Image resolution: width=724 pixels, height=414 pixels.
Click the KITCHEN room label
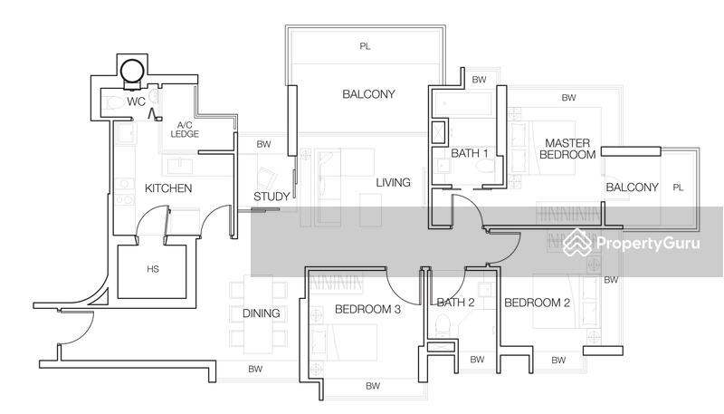(x=168, y=188)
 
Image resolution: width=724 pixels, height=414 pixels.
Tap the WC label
(x=137, y=101)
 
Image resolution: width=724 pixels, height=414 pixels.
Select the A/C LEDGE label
(x=185, y=130)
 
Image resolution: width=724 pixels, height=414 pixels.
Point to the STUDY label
(x=271, y=197)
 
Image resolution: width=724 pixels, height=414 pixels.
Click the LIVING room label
(x=393, y=182)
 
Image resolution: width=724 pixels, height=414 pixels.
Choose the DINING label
(x=262, y=313)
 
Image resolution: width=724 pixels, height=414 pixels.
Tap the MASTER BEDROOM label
(x=567, y=149)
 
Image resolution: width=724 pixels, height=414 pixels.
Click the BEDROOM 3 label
(x=367, y=309)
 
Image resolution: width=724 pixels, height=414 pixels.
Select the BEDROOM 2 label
(x=537, y=303)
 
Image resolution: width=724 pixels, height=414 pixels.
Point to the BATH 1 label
(x=469, y=153)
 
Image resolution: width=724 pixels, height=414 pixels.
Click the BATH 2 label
(x=455, y=303)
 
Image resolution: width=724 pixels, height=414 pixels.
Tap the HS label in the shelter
(x=153, y=269)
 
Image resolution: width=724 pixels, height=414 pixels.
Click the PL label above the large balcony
(x=365, y=46)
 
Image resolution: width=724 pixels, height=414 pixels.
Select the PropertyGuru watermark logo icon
(x=577, y=242)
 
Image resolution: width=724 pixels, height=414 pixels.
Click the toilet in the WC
(x=114, y=102)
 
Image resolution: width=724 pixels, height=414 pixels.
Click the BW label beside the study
(x=263, y=144)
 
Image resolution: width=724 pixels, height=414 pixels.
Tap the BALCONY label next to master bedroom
(x=632, y=188)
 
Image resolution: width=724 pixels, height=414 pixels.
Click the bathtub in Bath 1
(x=463, y=104)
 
